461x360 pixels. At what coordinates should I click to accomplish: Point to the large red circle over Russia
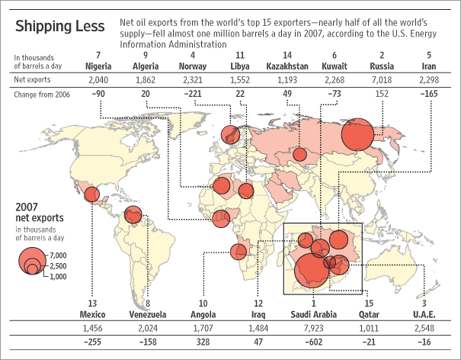357,136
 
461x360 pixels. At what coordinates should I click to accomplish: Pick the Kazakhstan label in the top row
287,66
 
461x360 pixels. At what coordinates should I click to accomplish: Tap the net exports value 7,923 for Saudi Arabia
314,327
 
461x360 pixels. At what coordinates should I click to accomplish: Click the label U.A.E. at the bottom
424,313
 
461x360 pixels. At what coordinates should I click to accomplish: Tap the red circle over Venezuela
133,216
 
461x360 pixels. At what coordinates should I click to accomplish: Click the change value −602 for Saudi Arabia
314,343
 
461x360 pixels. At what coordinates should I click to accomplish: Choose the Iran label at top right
430,66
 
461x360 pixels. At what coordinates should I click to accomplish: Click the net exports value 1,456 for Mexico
91,327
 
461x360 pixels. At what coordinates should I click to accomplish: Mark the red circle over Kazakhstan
299,155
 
